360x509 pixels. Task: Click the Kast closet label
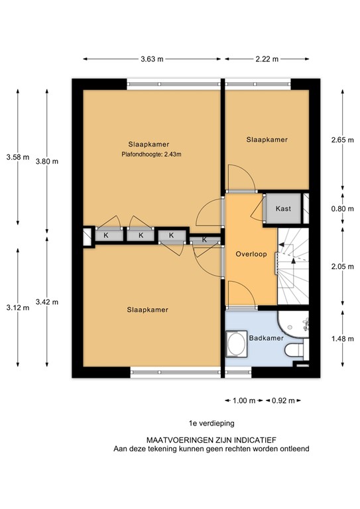pyautogui.click(x=283, y=209)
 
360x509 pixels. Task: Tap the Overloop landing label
pyautogui.click(x=250, y=254)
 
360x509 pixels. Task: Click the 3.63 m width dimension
pyautogui.click(x=152, y=60)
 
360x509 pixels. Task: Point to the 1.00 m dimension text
pyautogui.click(x=245, y=400)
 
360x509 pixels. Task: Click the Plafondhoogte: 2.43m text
pyautogui.click(x=151, y=156)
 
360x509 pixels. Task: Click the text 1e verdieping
pyautogui.click(x=211, y=422)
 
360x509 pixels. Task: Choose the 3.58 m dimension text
pyautogui.click(x=17, y=157)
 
